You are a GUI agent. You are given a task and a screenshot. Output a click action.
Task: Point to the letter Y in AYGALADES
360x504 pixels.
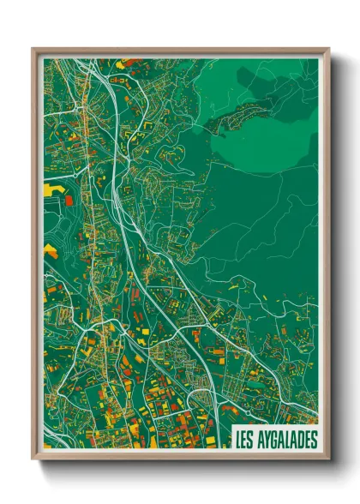coord(269,439)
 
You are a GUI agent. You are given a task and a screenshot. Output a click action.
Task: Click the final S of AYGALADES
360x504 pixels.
coord(313,439)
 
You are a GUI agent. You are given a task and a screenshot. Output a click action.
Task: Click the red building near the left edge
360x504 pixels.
coord(69,200)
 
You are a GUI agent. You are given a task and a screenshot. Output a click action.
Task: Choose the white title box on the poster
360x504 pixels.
coord(274,439)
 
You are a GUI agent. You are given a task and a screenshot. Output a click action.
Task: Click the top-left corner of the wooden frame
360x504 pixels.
coord(33,50)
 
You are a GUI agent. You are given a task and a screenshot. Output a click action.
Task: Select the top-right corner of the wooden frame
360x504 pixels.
coord(327,50)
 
